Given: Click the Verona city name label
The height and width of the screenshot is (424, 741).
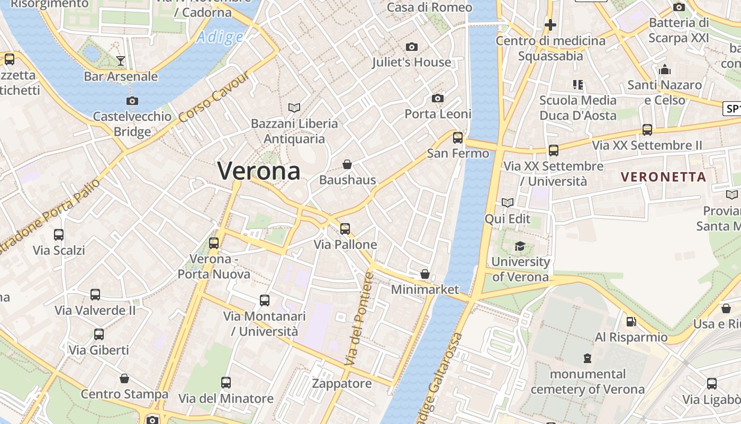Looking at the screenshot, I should pos(259,171).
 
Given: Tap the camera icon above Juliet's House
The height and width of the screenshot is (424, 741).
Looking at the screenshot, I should pos(411,47).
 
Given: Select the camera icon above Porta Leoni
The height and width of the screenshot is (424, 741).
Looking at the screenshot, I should pos(438,98).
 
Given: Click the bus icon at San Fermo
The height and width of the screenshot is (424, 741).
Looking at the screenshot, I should pos(458,138).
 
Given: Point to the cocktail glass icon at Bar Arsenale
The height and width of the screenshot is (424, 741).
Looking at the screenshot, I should pos(121,60).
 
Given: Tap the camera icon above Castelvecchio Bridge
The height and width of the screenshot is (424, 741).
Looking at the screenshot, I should pos(132,101).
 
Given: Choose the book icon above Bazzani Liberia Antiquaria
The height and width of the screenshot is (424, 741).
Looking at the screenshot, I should pos(294,108).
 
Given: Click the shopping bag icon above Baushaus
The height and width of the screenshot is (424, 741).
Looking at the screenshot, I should pos(347,164).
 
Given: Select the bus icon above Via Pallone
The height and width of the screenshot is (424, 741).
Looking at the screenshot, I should pos(345,229).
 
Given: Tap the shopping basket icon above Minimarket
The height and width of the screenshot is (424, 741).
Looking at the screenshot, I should pos(424,274).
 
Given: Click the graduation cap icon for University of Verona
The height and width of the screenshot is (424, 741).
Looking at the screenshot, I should pos(520,246).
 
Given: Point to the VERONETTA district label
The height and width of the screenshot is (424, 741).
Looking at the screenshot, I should pos(663,177).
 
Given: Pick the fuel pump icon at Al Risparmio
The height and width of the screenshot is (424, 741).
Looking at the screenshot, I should pos(631,321).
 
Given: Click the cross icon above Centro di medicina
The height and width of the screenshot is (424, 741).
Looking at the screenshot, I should pos(550,25).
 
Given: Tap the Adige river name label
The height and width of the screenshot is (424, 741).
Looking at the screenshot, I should pos(220,37).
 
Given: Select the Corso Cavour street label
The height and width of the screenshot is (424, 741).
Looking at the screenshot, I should pos(214,97).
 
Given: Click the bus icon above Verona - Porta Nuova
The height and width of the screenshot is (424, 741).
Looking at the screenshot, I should pos(214,243).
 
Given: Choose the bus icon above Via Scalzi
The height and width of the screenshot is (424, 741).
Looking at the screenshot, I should pos(59,234).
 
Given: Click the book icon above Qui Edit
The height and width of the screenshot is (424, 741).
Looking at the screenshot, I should pos(507,203).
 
